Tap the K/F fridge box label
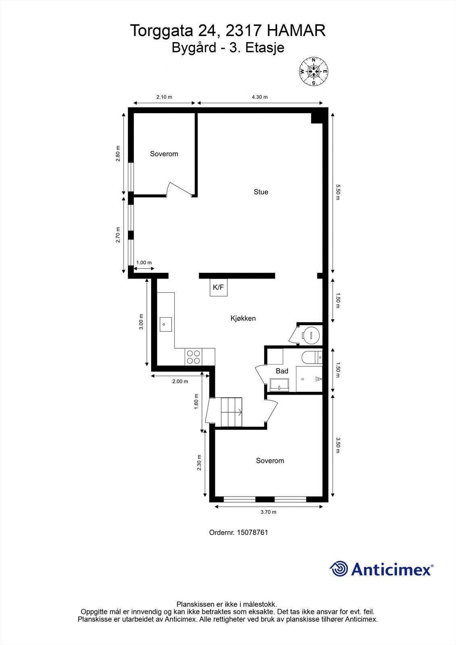coord(218,287)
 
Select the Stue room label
coord(261,192)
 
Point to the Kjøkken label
coord(243,318)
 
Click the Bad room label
coord(282,371)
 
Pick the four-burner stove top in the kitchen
coord(194,357)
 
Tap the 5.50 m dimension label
coord(338,192)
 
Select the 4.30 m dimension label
coord(260,97)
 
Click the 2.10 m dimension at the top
coord(164,97)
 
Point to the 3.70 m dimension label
coord(269,512)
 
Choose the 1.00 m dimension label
coord(144,263)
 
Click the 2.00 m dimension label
coord(180,381)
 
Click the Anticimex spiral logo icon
coord(339,569)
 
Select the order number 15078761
coord(253,532)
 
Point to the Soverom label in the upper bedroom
coord(164,154)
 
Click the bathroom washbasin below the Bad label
coord(279,385)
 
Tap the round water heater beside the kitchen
coord(311,335)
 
